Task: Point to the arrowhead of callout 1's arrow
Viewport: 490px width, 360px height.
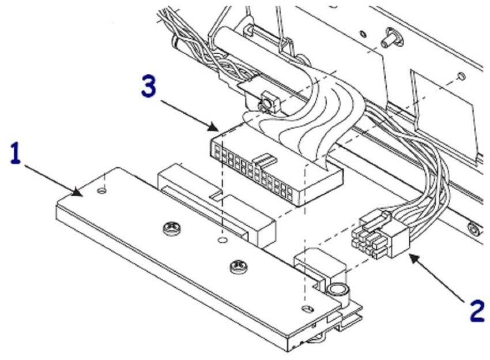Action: pos(81,192)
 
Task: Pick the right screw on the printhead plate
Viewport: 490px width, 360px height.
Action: pos(236,266)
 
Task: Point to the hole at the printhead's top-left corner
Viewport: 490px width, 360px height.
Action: pos(102,189)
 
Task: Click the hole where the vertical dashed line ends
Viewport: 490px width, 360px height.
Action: pos(222,238)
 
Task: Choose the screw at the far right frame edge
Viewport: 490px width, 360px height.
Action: pos(473,231)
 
